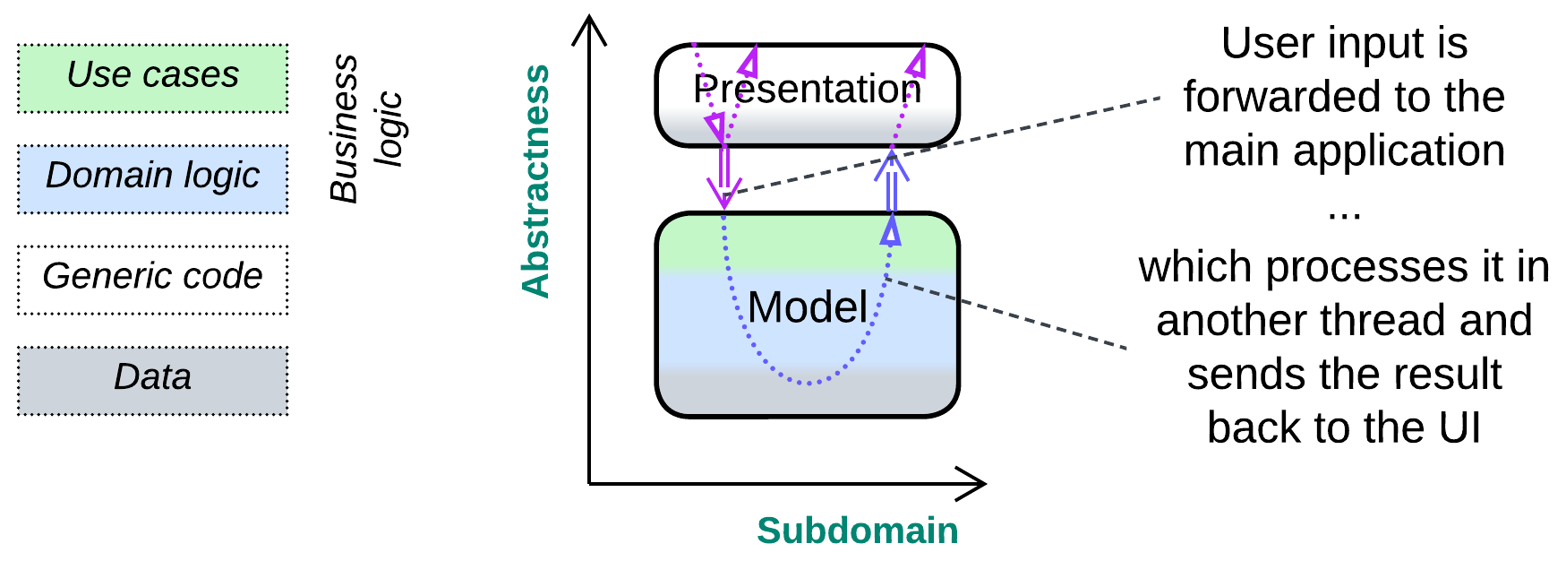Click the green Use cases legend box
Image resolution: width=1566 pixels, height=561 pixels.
(152, 78)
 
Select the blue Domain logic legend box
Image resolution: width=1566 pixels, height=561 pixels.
(152, 178)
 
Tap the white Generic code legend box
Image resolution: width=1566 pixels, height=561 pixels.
(152, 279)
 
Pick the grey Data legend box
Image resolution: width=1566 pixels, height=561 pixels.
(152, 380)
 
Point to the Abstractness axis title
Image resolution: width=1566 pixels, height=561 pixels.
(535, 180)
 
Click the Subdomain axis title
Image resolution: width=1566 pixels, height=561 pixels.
(857, 531)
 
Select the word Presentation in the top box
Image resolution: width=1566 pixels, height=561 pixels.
(807, 89)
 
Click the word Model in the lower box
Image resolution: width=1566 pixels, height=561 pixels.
(807, 307)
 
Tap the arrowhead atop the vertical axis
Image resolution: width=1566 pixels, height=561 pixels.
(589, 27)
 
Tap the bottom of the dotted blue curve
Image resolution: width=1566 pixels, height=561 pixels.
(809, 384)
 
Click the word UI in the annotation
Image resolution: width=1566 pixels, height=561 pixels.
(1459, 427)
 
